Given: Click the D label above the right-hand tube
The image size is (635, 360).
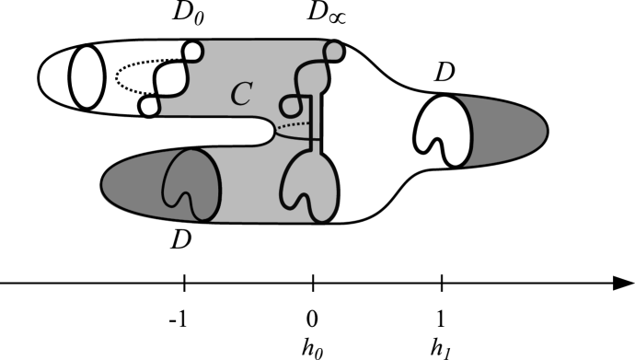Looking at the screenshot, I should click(445, 75).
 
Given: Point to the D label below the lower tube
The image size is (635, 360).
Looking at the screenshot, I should click(181, 241).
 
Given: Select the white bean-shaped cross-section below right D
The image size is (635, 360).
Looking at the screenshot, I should click(441, 130).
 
